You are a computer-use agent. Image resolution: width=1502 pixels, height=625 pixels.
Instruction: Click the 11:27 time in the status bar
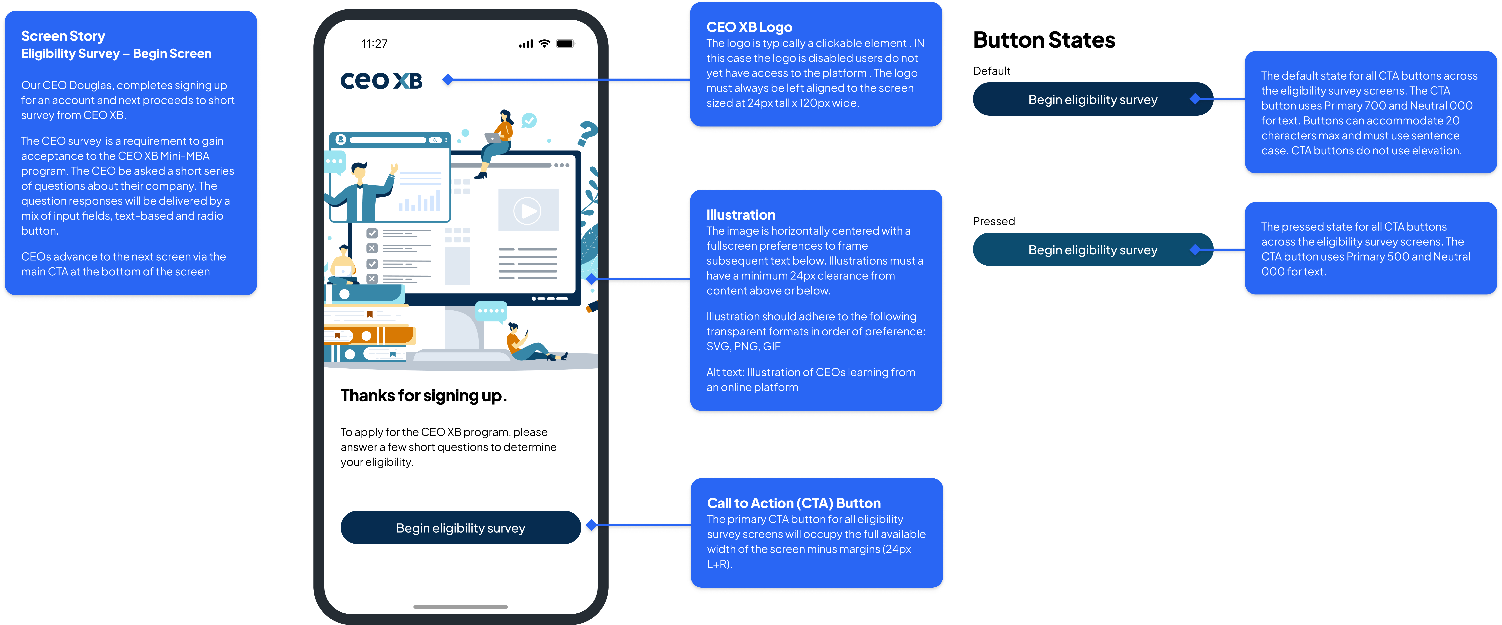[x=374, y=44]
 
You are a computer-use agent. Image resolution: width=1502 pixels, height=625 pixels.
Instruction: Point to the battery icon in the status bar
[x=565, y=44]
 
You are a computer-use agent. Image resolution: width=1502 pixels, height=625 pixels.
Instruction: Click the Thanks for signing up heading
[x=423, y=396]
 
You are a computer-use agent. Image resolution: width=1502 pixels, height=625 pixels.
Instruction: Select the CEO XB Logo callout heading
[x=749, y=27]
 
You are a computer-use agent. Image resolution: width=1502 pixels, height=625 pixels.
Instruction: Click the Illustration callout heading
[x=740, y=215]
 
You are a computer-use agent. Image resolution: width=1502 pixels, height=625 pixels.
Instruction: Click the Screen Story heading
[x=63, y=36]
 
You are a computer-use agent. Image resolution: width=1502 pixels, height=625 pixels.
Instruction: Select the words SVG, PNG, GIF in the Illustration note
[x=743, y=346]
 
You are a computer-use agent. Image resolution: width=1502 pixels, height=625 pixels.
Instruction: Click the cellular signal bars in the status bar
[x=526, y=44]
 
